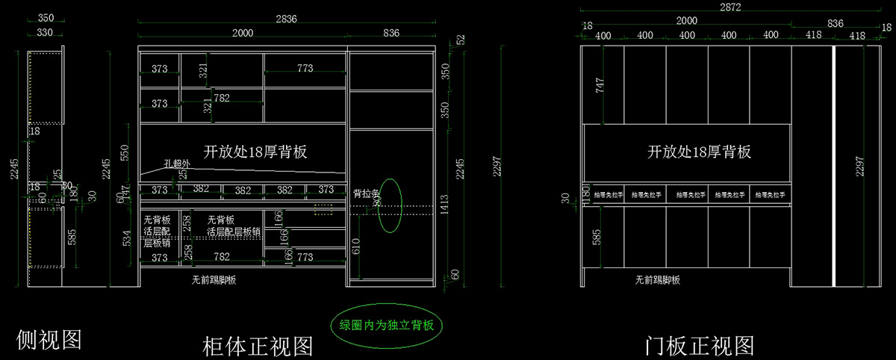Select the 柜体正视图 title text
pos(258,346)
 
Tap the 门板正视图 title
pos(700,346)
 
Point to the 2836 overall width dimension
pos(287,18)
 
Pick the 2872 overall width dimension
pos(731,7)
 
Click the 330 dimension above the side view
pos(45,32)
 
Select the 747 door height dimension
pos(600,84)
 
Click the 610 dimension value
pos(355,244)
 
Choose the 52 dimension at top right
pos(461,39)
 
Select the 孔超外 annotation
pos(178,164)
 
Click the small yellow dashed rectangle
pos(323,211)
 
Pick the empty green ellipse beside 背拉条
pos(391,203)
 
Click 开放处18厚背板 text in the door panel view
pos(699,152)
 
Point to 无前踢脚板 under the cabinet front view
pos(214,280)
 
